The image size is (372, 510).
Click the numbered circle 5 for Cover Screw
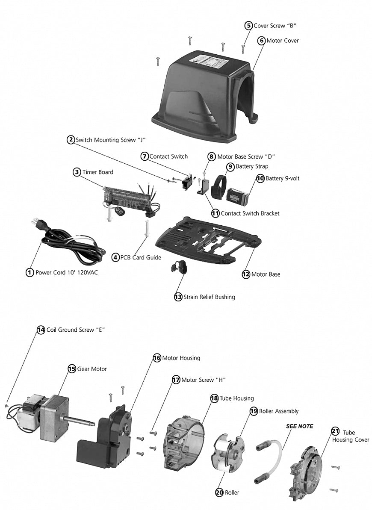(248, 25)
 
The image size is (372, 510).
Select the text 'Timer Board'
(97, 172)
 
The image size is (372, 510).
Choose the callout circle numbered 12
(246, 274)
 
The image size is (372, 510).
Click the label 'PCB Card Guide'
(141, 257)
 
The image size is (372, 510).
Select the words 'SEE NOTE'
(299, 426)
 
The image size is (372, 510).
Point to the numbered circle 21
(335, 430)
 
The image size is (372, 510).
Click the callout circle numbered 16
(156, 358)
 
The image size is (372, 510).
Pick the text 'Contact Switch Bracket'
(250, 213)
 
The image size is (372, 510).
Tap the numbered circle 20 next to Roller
(219, 492)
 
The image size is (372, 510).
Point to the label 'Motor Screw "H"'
(203, 380)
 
